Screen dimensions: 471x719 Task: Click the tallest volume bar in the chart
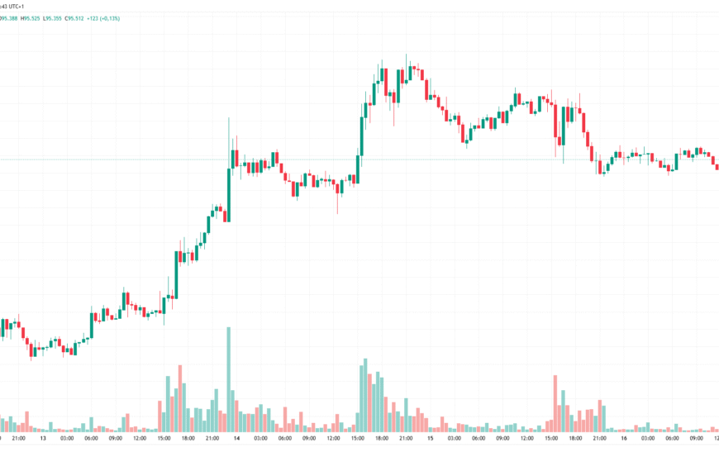[228, 379]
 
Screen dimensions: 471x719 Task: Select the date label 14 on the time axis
[237, 438]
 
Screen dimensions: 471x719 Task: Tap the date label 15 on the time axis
[430, 438]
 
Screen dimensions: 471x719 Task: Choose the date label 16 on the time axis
[623, 438]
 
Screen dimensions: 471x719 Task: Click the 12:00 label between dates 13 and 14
[140, 438]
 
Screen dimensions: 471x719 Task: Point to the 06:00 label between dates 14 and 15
[285, 438]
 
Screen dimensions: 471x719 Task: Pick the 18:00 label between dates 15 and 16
[575, 438]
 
